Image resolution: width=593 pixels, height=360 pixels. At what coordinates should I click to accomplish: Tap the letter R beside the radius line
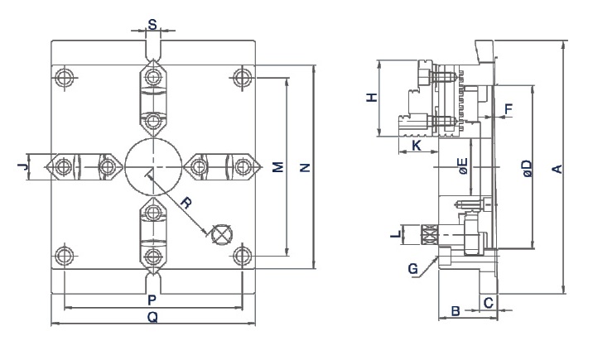(186, 203)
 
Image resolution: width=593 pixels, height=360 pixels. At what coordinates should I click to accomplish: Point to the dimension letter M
(278, 167)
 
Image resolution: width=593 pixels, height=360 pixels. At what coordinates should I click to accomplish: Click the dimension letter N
(305, 167)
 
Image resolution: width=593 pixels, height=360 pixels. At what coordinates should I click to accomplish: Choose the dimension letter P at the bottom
(152, 299)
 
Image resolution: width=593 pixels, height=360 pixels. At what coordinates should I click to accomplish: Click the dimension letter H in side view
(372, 97)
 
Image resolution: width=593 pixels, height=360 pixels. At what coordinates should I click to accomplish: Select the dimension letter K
(416, 146)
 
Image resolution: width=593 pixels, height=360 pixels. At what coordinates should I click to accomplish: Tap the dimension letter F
(508, 108)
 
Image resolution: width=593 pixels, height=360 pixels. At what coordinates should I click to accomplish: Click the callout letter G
(413, 268)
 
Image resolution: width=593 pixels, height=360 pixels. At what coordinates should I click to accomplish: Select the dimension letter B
(454, 311)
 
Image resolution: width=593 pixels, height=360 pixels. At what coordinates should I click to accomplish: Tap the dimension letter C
(488, 302)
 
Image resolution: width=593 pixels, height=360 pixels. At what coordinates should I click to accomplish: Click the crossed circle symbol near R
(221, 234)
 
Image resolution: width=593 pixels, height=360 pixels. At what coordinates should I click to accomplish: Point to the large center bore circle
(152, 166)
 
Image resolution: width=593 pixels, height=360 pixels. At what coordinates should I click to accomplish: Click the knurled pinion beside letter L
(431, 235)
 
